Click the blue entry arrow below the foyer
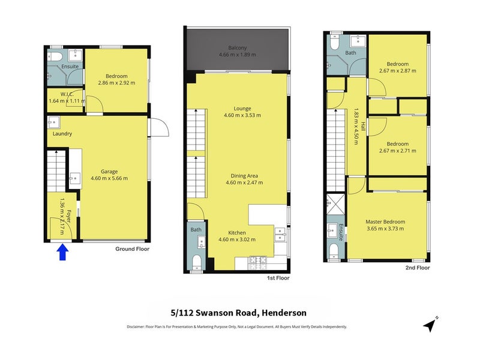(x=62, y=252)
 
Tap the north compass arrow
(x=430, y=325)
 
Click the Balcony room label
(x=238, y=48)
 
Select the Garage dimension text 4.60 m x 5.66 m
(x=109, y=178)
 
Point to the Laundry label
(x=62, y=134)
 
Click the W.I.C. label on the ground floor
(x=67, y=94)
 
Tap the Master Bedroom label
(x=385, y=221)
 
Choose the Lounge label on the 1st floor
(x=242, y=109)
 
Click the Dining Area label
(x=244, y=176)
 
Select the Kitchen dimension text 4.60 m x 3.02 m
(x=237, y=239)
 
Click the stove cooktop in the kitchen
(x=259, y=263)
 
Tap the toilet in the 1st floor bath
(x=196, y=263)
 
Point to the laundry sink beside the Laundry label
(x=54, y=122)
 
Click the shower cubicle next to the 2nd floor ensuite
(x=335, y=204)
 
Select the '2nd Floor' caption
(x=418, y=268)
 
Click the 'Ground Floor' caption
(x=132, y=249)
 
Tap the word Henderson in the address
(x=284, y=313)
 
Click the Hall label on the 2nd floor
(x=363, y=127)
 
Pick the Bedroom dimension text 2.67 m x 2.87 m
(x=398, y=71)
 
